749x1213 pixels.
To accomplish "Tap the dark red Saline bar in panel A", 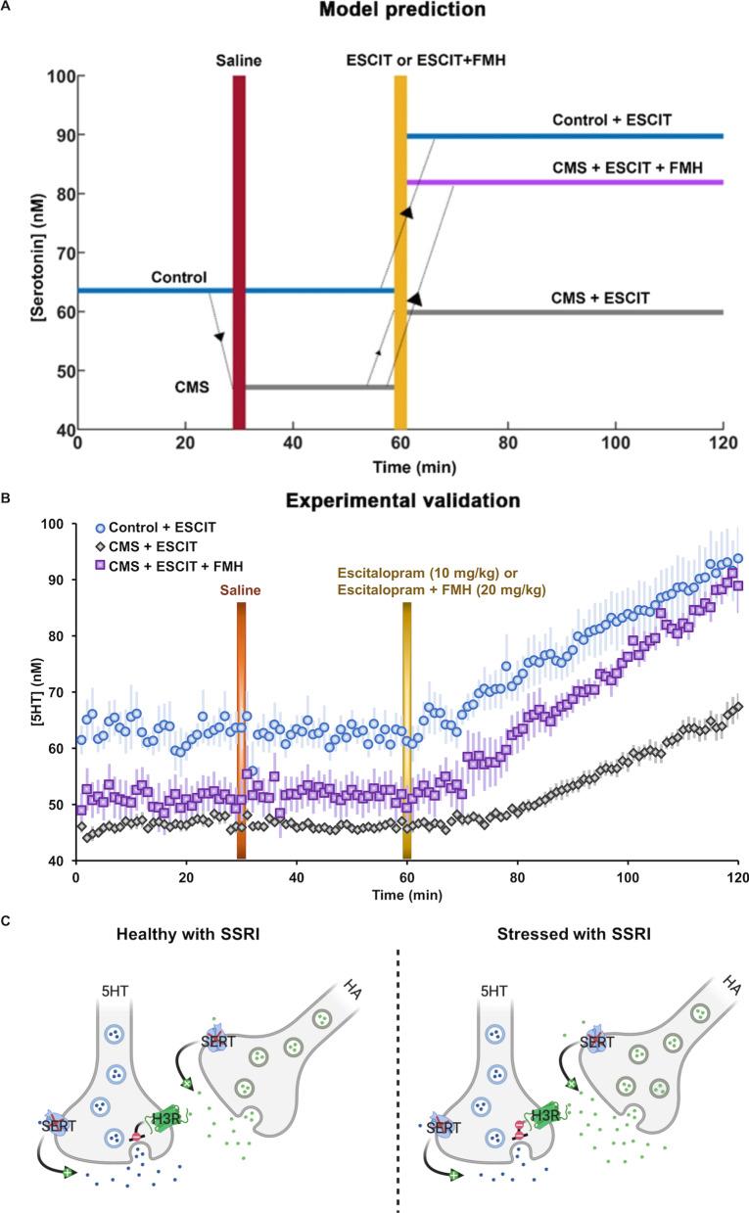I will click(239, 251).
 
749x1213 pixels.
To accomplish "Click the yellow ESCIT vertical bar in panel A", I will click(400, 251).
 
